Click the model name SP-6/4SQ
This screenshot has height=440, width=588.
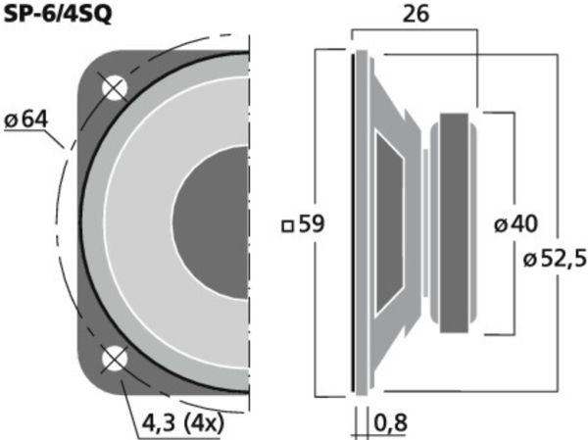click(x=58, y=15)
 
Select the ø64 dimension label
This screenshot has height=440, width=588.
click(x=25, y=120)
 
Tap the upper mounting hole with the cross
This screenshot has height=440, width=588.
click(x=115, y=88)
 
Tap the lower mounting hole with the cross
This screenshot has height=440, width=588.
click(x=115, y=359)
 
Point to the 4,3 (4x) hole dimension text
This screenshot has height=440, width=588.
click(x=182, y=423)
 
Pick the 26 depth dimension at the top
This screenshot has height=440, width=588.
click(x=416, y=15)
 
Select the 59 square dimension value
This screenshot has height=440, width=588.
click(x=312, y=224)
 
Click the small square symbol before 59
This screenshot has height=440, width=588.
click(x=287, y=226)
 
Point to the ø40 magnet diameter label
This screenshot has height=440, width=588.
click(x=515, y=224)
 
